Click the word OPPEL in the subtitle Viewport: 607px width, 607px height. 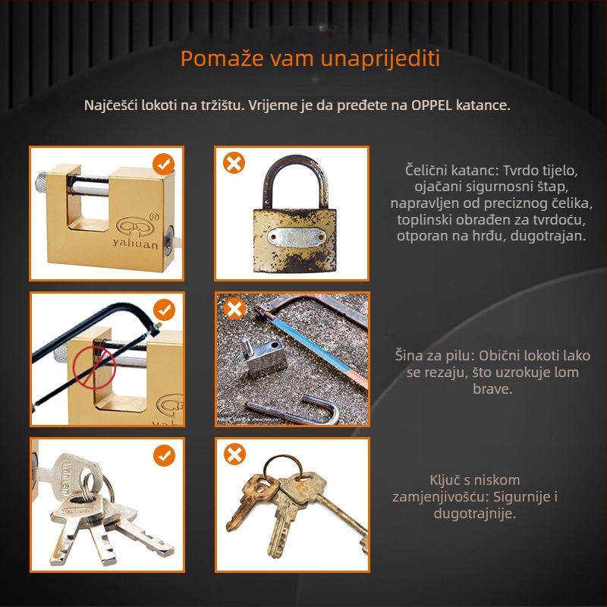click(432, 105)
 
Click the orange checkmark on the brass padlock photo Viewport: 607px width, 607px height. click(163, 164)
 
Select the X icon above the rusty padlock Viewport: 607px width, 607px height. click(234, 162)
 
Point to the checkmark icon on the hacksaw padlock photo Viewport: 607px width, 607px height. click(164, 310)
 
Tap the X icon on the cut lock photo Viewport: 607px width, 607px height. click(234, 309)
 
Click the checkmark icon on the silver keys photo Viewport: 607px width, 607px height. click(164, 455)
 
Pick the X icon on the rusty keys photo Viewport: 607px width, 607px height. click(234, 454)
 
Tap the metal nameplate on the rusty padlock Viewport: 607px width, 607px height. click(297, 237)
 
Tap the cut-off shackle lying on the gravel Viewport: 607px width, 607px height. click(294, 411)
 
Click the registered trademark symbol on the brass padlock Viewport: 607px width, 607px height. click(154, 217)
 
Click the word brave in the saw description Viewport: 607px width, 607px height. click(492, 388)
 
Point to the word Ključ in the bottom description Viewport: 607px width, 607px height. click(445, 480)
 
